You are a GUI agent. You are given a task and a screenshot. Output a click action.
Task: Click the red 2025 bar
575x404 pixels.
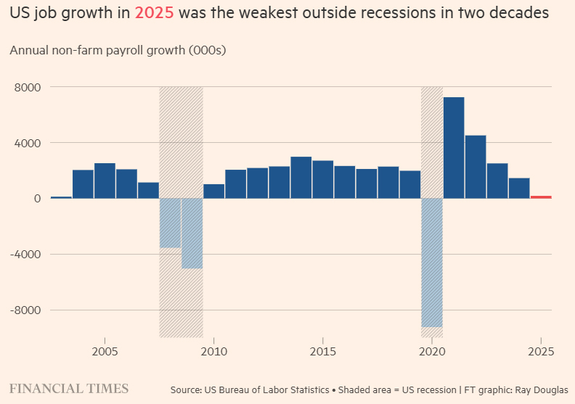(541, 197)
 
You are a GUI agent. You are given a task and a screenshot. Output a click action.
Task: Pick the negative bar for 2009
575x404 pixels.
(192, 233)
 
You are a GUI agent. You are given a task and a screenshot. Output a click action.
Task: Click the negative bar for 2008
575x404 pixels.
(170, 223)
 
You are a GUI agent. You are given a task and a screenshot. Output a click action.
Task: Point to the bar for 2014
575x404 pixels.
(301, 177)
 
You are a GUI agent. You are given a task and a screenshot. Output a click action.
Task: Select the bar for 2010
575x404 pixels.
(214, 191)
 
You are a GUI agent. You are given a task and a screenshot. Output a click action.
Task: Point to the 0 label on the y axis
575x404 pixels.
(36, 198)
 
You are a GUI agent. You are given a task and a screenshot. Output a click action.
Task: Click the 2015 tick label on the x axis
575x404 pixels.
(323, 352)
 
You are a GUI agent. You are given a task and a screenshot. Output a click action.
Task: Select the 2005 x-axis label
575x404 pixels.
(105, 352)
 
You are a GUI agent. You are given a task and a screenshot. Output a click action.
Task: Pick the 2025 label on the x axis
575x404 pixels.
(541, 352)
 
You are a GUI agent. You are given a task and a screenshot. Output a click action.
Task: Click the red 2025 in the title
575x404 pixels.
(154, 14)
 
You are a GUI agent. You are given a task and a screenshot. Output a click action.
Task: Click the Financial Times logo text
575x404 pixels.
(69, 388)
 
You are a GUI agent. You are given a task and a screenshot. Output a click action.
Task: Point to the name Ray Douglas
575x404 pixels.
(544, 389)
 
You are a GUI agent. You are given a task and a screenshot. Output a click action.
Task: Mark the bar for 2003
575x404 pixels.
(62, 197)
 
